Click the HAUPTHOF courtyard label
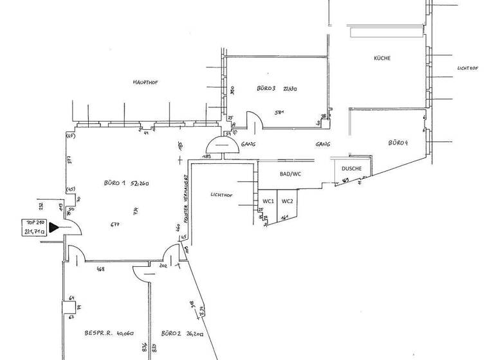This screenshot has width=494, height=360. (x=145, y=82)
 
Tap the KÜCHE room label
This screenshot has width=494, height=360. (x=382, y=59)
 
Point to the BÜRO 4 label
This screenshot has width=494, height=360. (x=398, y=142)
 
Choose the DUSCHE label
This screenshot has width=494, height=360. (x=352, y=169)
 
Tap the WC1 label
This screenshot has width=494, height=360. (x=268, y=201)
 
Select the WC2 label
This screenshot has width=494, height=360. (x=287, y=201)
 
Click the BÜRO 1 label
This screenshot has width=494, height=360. (x=116, y=183)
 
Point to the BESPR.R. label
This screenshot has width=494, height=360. (x=98, y=333)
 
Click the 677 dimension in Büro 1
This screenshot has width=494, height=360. (x=115, y=224)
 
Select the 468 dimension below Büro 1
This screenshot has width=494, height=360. (x=100, y=269)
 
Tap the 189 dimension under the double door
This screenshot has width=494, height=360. (x=208, y=156)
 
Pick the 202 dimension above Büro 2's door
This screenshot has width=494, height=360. (x=163, y=265)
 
